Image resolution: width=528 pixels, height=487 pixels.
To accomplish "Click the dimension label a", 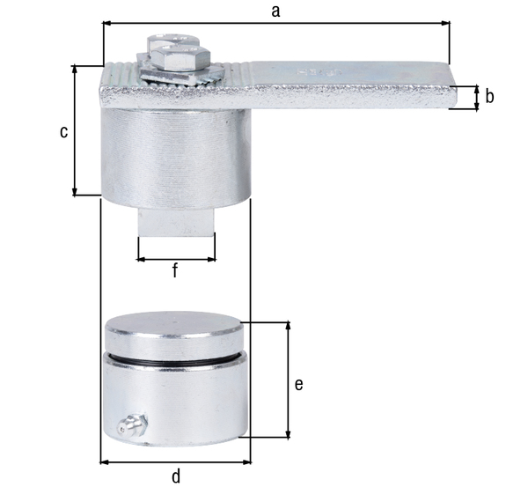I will [x=275, y=11].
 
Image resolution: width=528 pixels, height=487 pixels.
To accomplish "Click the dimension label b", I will [x=489, y=97].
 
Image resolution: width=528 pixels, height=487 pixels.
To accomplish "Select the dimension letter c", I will [x=62, y=131].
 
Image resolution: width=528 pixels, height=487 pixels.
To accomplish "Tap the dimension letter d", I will [x=176, y=476].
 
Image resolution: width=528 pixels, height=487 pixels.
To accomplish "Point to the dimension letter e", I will [x=299, y=384].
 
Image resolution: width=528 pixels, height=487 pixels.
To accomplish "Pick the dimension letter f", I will [x=175, y=271].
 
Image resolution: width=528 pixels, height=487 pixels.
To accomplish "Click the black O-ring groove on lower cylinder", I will [x=176, y=360].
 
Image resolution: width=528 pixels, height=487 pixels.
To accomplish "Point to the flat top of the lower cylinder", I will [x=176, y=325].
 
